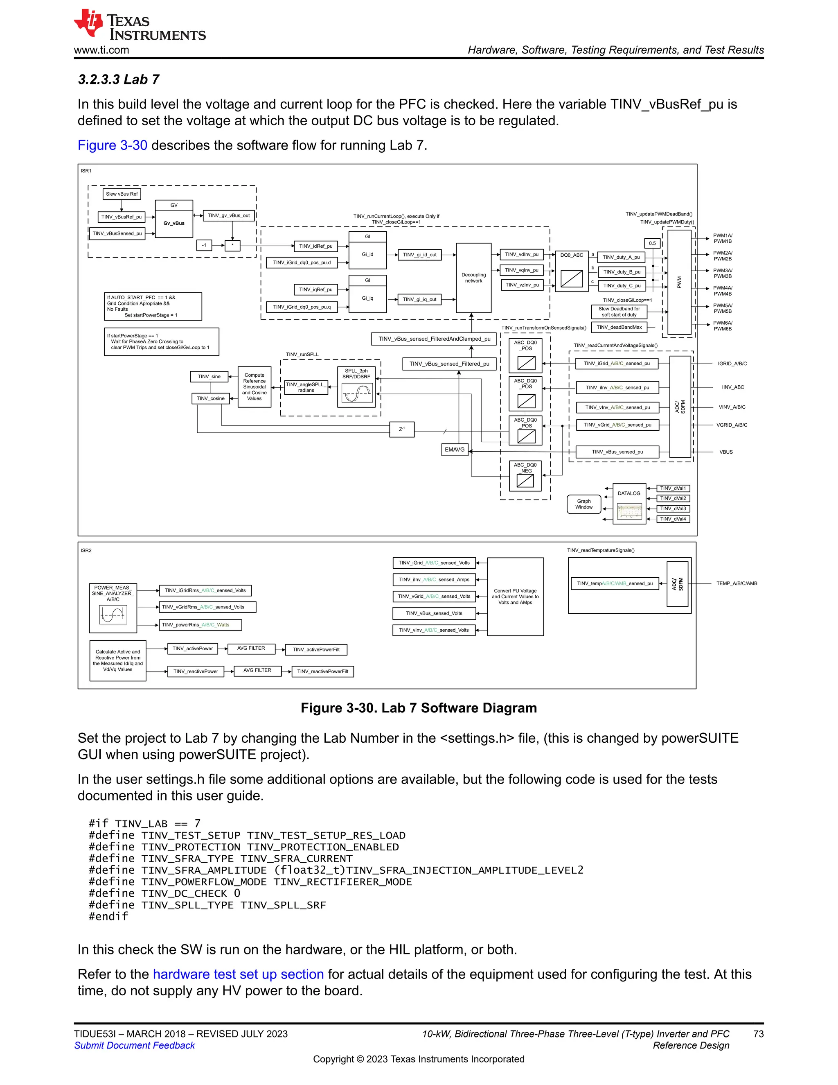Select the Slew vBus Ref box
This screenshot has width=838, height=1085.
[122, 194]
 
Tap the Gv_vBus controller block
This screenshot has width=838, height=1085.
[174, 224]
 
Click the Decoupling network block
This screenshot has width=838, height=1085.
[473, 277]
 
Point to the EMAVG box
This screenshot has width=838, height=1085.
[455, 450]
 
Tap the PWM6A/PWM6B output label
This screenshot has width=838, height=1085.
[722, 326]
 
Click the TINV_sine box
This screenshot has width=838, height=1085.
[209, 377]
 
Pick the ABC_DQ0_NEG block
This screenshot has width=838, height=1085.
[525, 475]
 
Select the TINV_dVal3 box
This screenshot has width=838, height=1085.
[673, 509]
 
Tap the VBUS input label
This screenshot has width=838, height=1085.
[726, 452]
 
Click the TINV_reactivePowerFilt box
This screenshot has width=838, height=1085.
[323, 671]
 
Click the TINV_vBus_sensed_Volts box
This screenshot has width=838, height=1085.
[434, 613]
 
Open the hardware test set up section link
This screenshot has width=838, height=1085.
[238, 974]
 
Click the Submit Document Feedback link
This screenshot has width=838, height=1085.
[135, 1045]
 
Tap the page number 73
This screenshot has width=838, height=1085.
[758, 1034]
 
